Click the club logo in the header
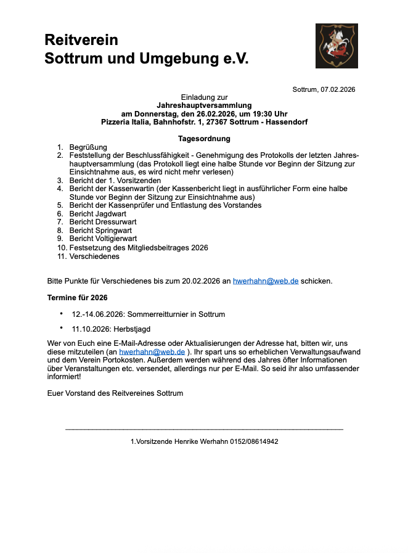point(337,46)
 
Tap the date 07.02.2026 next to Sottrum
point(338,89)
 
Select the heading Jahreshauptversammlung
point(204,105)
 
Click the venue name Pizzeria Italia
point(125,122)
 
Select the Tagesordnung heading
point(204,139)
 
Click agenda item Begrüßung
point(88,147)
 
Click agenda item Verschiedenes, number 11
point(94,256)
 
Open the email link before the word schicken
point(266,281)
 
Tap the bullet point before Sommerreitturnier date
point(62,313)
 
